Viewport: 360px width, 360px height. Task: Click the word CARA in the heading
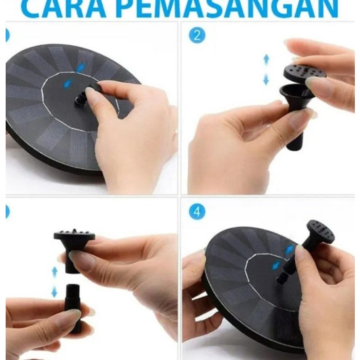pyautogui.click(x=65, y=9)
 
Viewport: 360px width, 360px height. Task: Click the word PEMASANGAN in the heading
pyautogui.click(x=229, y=9)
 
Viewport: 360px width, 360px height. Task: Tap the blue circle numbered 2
pyautogui.click(x=197, y=36)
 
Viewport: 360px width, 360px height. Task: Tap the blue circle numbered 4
pyautogui.click(x=197, y=212)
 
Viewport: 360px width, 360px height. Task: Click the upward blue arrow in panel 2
pyautogui.click(x=266, y=60)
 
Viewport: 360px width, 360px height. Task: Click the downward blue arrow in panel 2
pyautogui.click(x=266, y=79)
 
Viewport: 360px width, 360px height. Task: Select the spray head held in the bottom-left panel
pyautogui.click(x=74, y=250)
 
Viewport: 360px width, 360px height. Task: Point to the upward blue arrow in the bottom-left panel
pyautogui.click(x=55, y=272)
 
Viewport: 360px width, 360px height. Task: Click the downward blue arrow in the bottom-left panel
pyautogui.click(x=54, y=292)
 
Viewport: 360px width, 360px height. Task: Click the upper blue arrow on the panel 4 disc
pyautogui.click(x=290, y=249)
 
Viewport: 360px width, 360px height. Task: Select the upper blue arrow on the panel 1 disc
pyautogui.click(x=81, y=67)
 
